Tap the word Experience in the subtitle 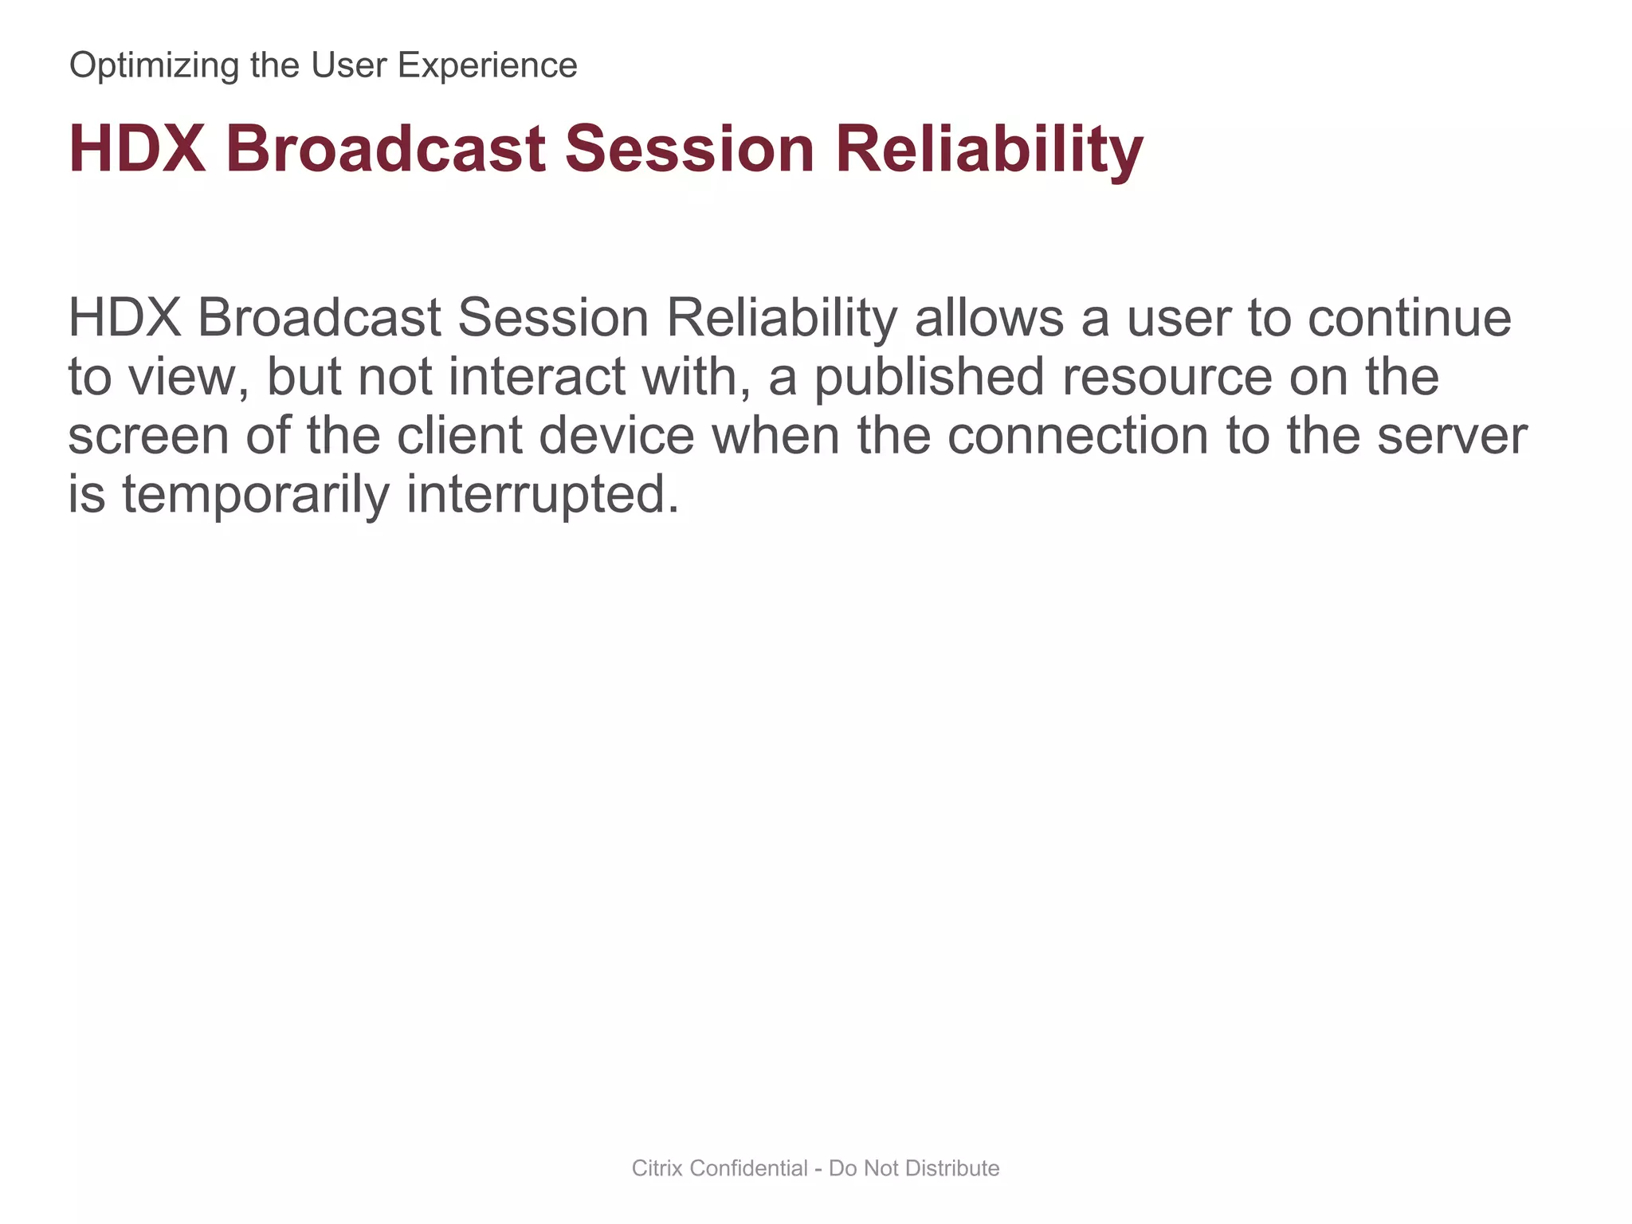[x=487, y=66]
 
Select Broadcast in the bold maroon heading [x=386, y=149]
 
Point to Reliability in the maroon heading [x=989, y=149]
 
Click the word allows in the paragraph [x=989, y=318]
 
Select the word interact [x=537, y=377]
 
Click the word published [x=928, y=377]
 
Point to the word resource [x=1167, y=377]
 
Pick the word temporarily [x=256, y=495]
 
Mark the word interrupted [x=543, y=495]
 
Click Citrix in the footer [x=657, y=1168]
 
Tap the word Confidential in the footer [x=748, y=1168]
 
